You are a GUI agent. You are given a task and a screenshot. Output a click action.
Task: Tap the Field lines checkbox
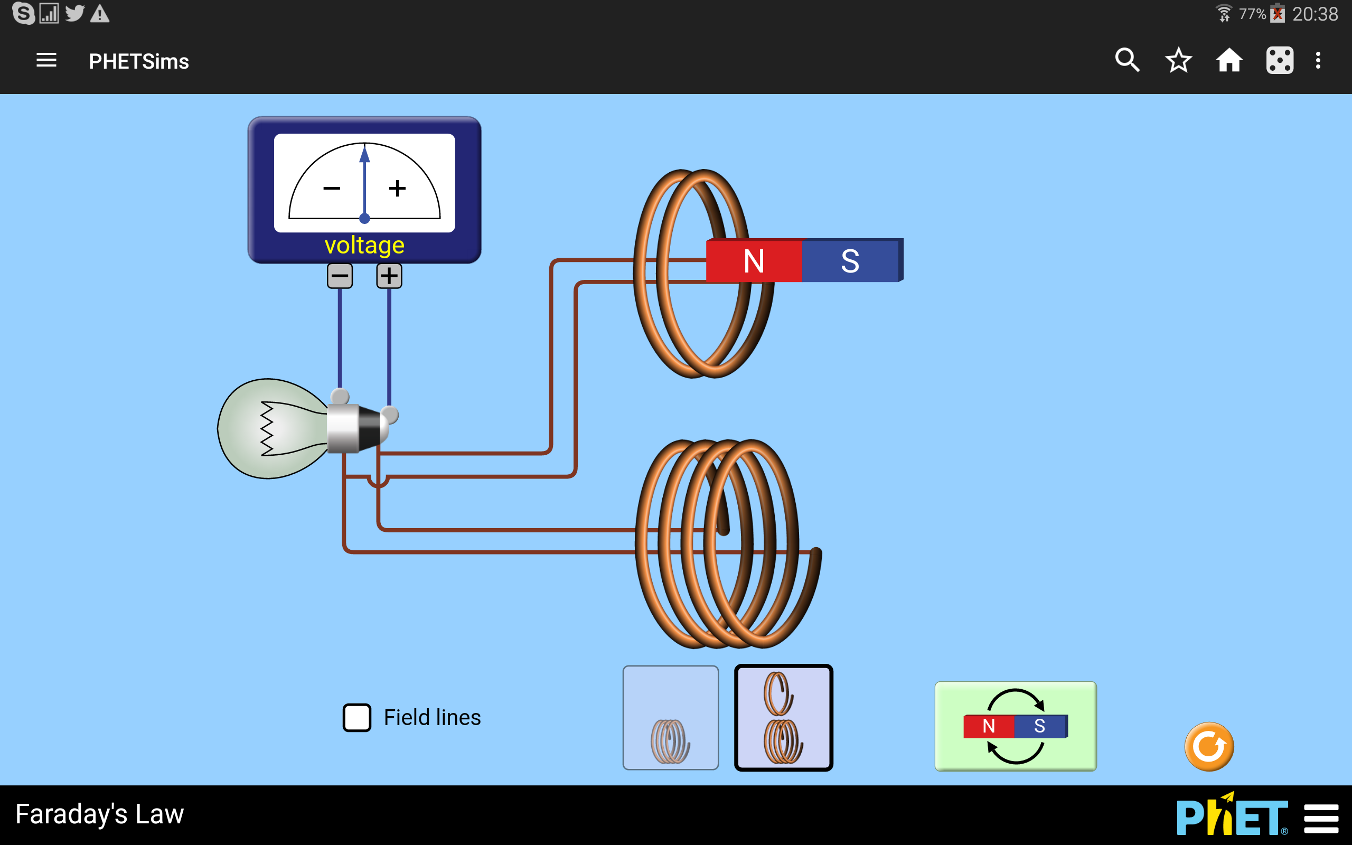tap(356, 718)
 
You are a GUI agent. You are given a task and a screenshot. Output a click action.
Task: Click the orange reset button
tap(1209, 747)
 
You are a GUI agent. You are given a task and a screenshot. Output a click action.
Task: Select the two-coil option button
tap(783, 718)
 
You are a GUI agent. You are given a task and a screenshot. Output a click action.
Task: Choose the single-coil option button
tap(670, 718)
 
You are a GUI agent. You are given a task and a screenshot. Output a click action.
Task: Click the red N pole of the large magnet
tap(754, 260)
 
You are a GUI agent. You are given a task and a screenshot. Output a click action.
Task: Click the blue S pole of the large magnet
tap(851, 260)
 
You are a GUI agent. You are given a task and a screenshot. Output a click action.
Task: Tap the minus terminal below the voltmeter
tap(340, 276)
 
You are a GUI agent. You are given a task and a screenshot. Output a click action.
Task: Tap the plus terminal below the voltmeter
tap(389, 276)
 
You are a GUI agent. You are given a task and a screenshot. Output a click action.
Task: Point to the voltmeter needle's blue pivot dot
tap(364, 218)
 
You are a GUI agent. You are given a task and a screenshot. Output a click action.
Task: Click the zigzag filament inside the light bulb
tap(267, 429)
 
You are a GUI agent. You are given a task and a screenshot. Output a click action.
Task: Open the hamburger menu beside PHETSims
tap(46, 60)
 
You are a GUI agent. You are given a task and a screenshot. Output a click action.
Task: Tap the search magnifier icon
tap(1128, 60)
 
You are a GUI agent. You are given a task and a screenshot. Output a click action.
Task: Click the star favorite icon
tap(1179, 60)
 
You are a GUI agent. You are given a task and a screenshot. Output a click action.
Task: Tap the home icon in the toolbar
tap(1229, 60)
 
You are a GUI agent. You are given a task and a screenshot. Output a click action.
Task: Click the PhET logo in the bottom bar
tap(1233, 815)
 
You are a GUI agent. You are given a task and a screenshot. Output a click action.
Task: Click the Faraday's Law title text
tap(99, 814)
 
